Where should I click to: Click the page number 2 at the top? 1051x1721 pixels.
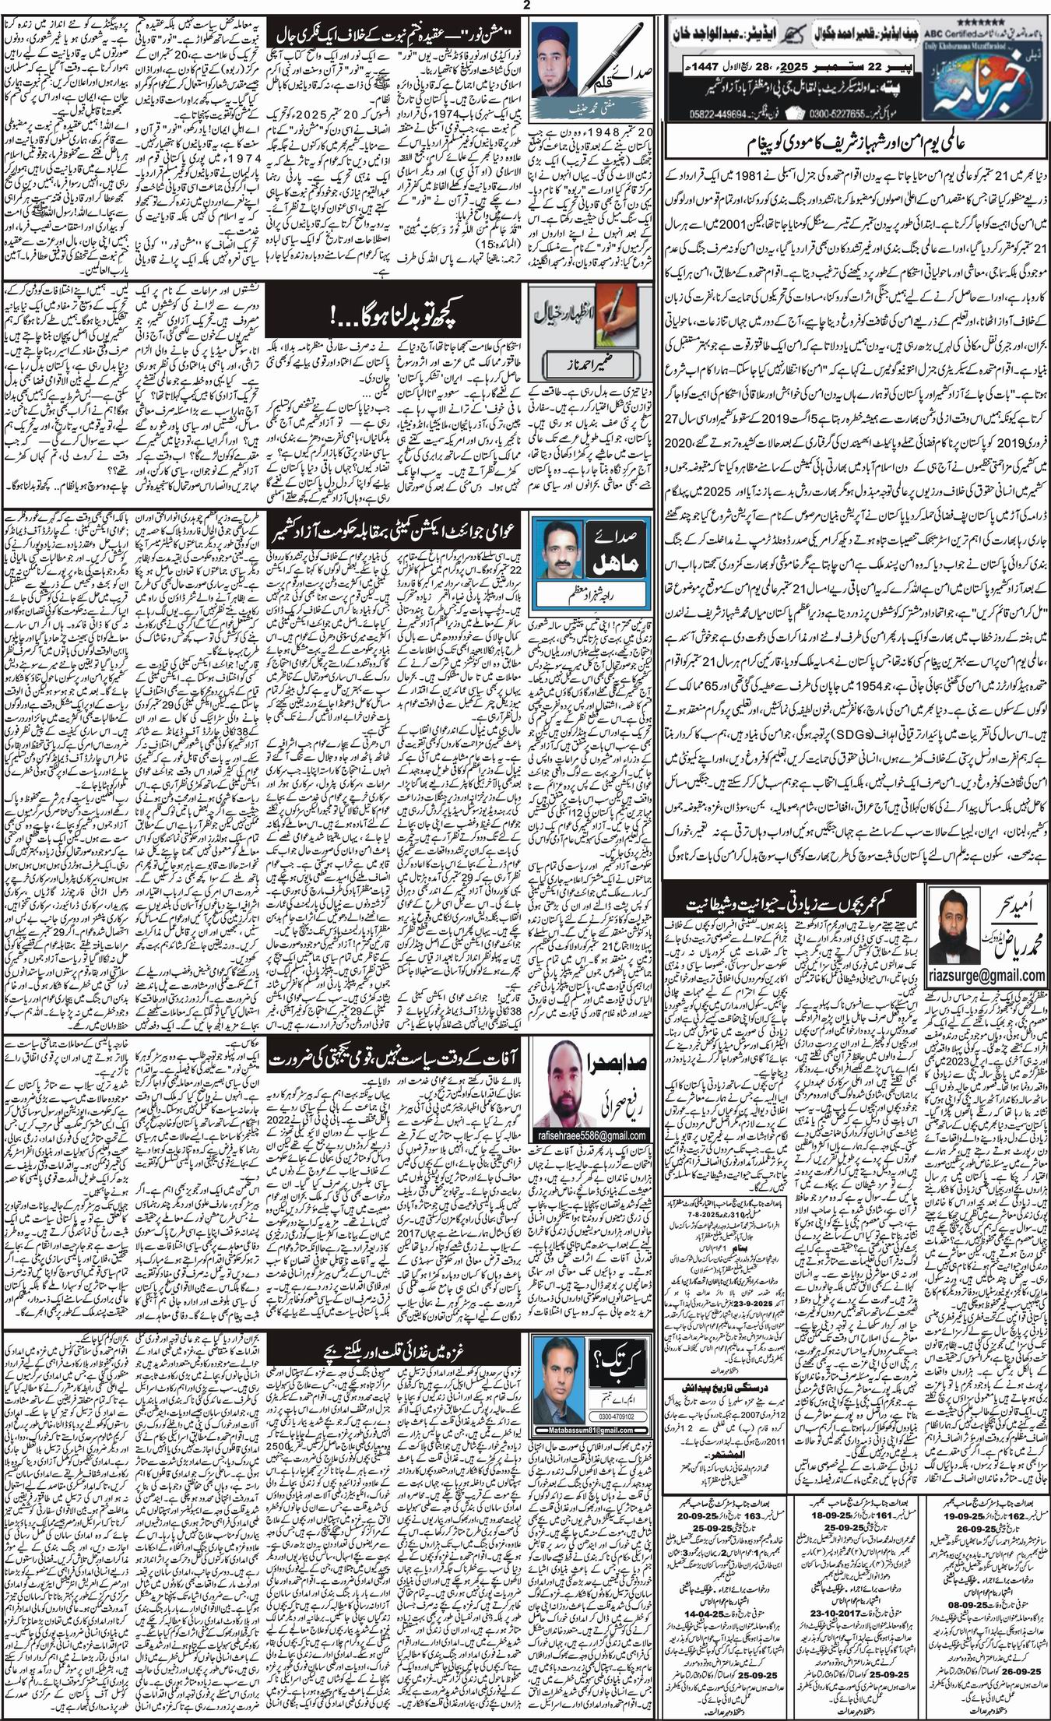526,6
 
